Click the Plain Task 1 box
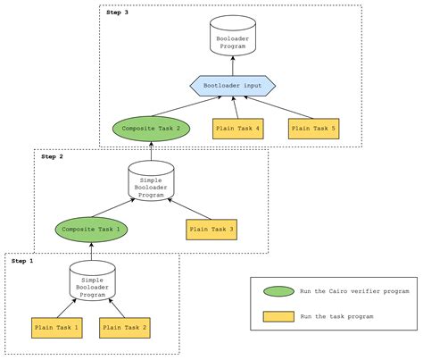point(57,329)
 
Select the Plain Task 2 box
point(125,329)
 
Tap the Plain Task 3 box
point(211,229)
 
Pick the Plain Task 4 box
point(238,129)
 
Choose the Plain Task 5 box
point(314,129)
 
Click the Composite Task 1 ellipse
point(91,229)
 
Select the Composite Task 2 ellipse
point(151,129)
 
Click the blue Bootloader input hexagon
point(233,86)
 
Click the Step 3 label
point(116,13)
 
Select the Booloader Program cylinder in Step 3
point(233,36)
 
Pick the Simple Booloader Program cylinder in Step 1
point(91,281)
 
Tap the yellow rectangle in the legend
point(279,316)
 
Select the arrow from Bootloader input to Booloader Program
point(233,65)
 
